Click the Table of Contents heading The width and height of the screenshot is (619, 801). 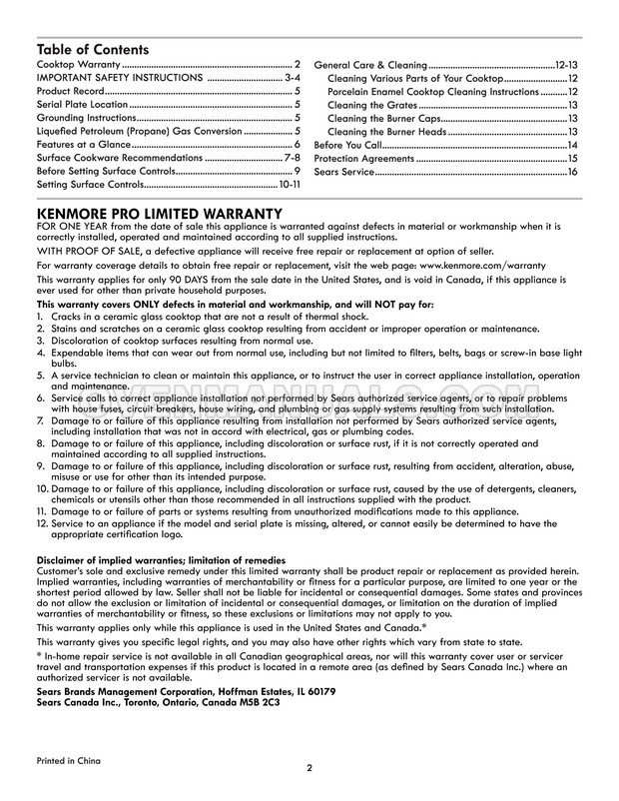pyautogui.click(x=93, y=49)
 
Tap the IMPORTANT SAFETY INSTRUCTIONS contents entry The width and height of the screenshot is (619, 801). pyautogui.click(x=119, y=77)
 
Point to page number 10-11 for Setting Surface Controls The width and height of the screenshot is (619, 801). pyautogui.click(x=290, y=185)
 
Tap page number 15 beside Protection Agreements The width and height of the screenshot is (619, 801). pyautogui.click(x=573, y=159)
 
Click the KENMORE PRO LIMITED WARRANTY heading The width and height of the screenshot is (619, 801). pyautogui.click(x=159, y=214)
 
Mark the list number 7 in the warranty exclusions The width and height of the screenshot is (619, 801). pyautogui.click(x=41, y=422)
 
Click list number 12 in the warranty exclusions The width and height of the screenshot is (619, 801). pyautogui.click(x=42, y=522)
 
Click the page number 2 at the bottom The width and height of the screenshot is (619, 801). pyautogui.click(x=309, y=769)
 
